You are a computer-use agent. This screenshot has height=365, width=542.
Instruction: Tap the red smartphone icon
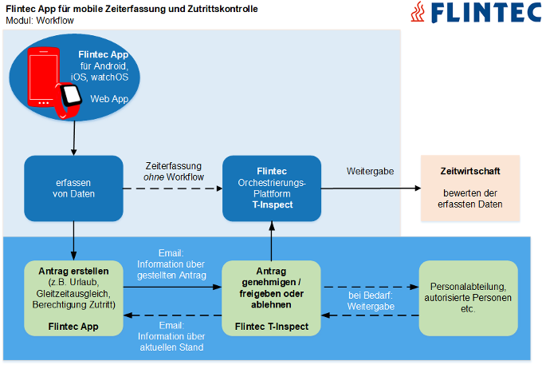click(x=44, y=77)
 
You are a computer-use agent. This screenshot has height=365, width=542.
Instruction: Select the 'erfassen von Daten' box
click(x=73, y=188)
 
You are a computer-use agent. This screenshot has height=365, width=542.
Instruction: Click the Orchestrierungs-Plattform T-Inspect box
click(x=272, y=188)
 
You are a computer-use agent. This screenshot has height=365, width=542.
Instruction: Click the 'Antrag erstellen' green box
click(x=73, y=297)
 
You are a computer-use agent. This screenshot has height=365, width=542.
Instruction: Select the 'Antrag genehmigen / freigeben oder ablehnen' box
click(x=271, y=297)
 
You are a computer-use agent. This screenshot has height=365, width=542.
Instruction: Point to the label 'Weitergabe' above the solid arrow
click(x=370, y=172)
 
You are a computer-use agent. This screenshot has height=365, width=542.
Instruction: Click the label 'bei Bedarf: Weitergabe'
click(x=369, y=300)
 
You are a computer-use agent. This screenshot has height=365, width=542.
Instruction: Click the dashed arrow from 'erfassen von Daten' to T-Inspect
click(x=172, y=188)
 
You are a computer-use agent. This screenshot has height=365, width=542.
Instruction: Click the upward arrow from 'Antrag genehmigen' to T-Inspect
click(x=271, y=241)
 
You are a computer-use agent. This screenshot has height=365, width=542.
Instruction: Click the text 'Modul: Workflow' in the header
click(x=40, y=20)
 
